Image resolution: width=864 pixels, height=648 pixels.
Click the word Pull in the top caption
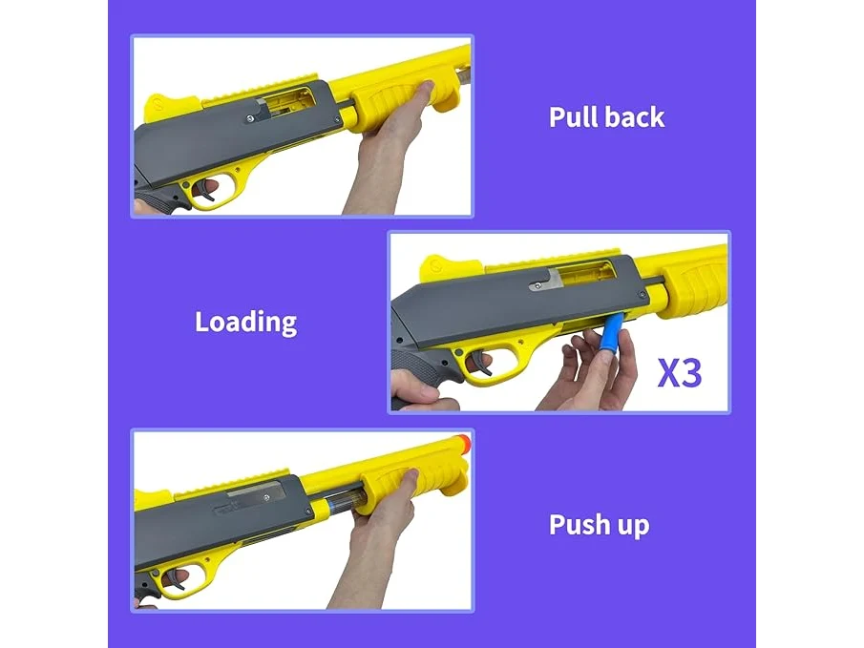(572, 117)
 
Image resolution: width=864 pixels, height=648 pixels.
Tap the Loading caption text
(245, 323)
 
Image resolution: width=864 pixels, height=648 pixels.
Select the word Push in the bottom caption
(579, 524)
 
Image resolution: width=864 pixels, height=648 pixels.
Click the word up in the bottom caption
(633, 527)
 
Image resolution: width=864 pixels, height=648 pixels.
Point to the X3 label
(680, 373)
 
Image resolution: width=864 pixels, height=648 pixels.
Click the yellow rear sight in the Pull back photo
(165, 108)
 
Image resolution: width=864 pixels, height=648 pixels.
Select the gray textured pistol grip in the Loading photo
(422, 368)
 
